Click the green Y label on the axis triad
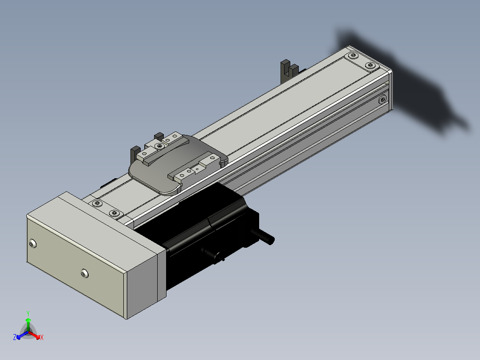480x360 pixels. pos(28,314)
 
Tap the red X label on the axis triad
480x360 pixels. pos(42,337)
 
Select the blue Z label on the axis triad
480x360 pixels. pos(15,337)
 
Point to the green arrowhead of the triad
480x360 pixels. pos(28,320)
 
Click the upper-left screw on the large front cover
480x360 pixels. pos(33,244)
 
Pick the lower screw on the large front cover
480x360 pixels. pos(85,273)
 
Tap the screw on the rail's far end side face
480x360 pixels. pos(382,99)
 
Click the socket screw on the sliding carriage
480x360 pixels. pos(159,146)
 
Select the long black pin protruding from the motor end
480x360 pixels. pos(263,237)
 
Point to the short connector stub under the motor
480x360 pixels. pos(212,254)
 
